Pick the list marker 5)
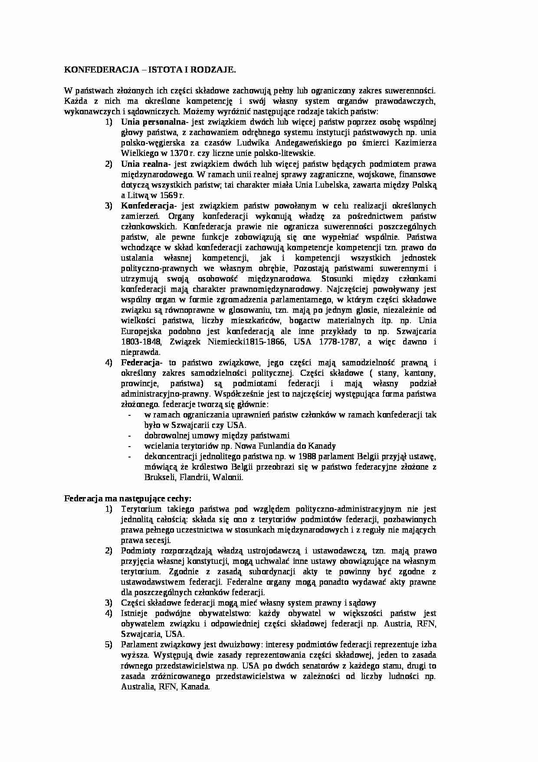(x=108, y=644)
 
